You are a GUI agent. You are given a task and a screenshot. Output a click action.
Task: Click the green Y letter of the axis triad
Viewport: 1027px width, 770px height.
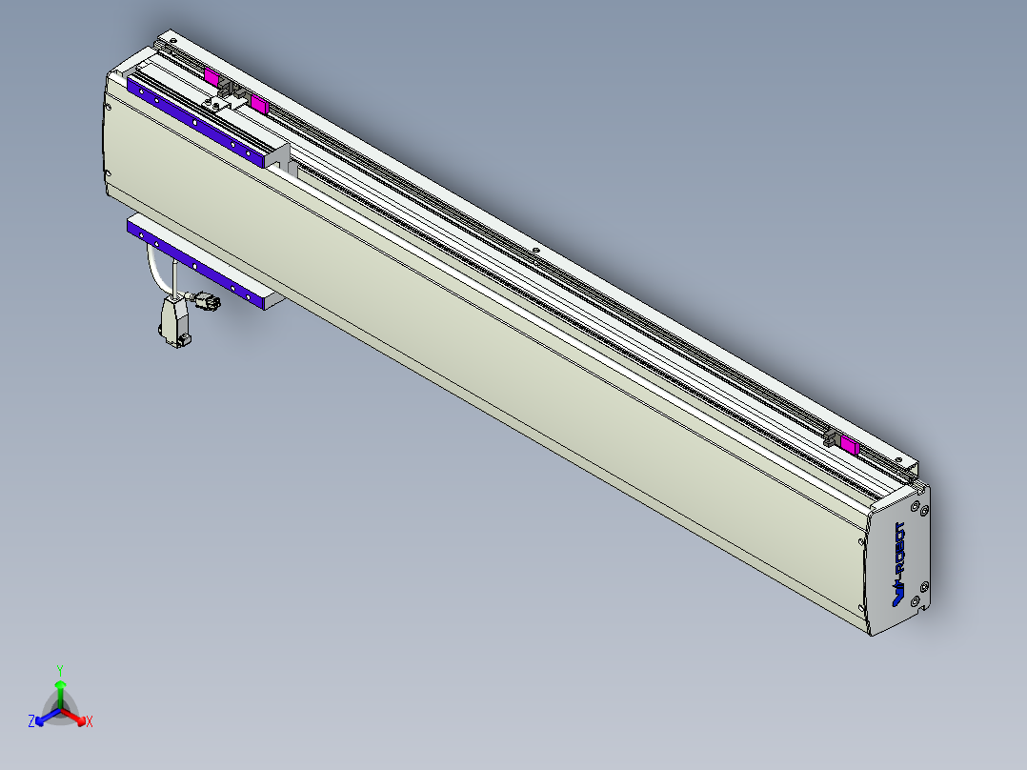[60, 669]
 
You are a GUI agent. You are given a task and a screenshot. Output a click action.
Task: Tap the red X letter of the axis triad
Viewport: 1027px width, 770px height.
[89, 721]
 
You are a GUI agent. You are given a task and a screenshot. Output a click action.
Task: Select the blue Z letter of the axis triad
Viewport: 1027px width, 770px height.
[31, 721]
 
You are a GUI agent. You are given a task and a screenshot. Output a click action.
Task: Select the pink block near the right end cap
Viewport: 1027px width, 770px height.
[847, 445]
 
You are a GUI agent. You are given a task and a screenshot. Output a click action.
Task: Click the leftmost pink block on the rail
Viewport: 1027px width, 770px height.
[211, 76]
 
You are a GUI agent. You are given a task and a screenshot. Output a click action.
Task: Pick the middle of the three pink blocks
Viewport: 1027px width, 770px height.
[258, 102]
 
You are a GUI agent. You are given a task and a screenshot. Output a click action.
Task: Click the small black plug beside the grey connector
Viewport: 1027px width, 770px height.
[208, 302]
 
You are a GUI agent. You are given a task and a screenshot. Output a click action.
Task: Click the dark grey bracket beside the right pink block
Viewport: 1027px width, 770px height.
[831, 438]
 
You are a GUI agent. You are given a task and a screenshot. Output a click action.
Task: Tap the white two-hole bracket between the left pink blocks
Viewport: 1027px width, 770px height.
[226, 100]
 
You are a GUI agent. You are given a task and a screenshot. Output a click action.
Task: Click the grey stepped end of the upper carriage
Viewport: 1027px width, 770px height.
[278, 156]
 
